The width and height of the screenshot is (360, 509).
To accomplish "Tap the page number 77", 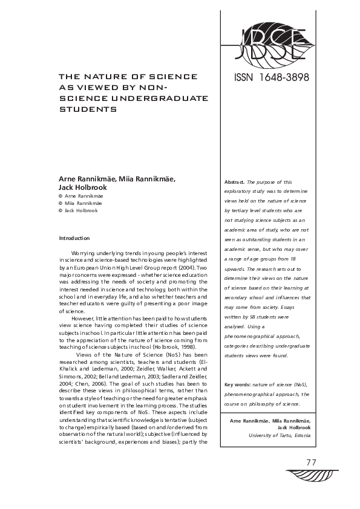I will coord(312,462).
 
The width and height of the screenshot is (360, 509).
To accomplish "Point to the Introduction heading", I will coord(74,239).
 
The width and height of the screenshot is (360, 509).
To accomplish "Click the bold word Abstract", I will coord(235,182).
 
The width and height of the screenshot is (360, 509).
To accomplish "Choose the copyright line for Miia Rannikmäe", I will coord(78,204).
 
